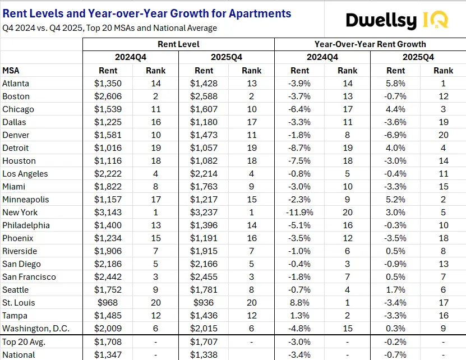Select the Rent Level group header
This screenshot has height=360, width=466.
coord(178,44)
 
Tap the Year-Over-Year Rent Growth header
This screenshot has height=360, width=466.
coord(370,44)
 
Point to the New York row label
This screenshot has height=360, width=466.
coord(20,213)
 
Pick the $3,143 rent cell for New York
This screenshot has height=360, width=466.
coord(108,213)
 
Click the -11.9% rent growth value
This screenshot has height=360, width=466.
coord(300,213)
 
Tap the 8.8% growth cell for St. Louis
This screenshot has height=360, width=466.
coord(300,303)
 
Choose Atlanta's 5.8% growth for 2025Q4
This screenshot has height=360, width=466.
coord(396,84)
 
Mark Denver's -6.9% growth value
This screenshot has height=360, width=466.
coord(396,135)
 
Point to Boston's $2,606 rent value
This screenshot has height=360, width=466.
coord(108,96)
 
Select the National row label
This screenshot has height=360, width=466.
coord(19,354)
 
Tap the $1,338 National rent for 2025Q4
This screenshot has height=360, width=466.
coord(204,354)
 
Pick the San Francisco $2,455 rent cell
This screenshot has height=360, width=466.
coord(204,277)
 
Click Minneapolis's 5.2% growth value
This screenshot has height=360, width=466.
coord(396,200)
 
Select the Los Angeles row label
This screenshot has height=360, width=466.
coord(25,174)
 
